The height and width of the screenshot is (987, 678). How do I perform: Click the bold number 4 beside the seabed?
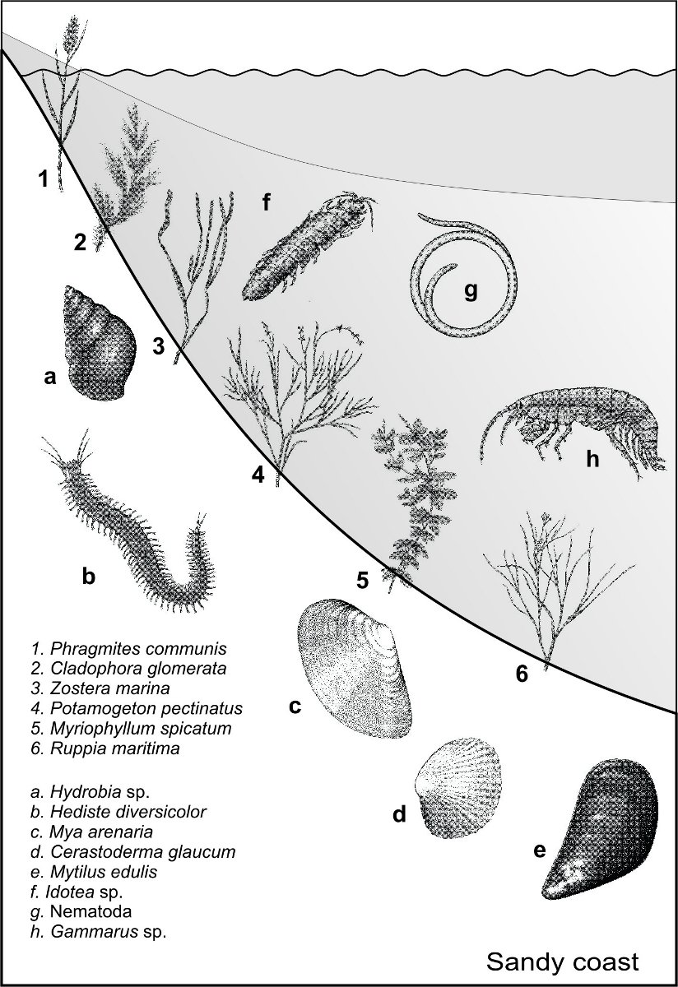click(x=258, y=475)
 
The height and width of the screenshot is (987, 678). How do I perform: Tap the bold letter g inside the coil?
click(x=471, y=291)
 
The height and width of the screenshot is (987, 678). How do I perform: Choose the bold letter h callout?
click(x=593, y=459)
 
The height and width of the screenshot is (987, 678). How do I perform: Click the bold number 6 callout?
click(x=522, y=674)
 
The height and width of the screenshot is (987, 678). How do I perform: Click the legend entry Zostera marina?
click(x=100, y=688)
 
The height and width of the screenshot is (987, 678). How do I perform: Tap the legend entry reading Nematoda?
click(x=81, y=911)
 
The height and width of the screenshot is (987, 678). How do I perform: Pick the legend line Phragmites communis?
click(x=128, y=648)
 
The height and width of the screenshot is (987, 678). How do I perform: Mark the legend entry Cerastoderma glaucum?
click(x=133, y=851)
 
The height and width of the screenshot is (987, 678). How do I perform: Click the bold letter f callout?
click(x=266, y=202)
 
